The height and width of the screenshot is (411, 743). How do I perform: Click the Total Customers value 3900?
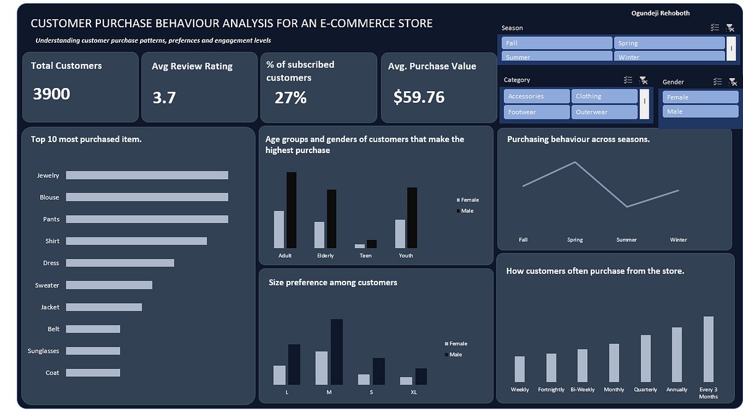tap(51, 94)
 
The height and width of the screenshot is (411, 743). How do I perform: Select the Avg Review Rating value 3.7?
tap(164, 98)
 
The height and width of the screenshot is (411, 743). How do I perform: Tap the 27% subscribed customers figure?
tap(290, 98)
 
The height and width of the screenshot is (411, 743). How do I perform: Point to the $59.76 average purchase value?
tap(419, 97)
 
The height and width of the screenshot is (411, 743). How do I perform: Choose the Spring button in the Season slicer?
tap(669, 43)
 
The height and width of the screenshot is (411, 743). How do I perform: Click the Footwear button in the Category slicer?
tap(536, 112)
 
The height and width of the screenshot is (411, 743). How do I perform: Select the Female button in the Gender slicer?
tap(700, 97)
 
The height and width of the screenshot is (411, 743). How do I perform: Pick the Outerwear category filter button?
tap(604, 112)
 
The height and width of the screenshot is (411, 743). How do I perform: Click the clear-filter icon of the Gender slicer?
tap(732, 82)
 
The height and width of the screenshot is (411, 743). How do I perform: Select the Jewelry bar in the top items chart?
tap(147, 175)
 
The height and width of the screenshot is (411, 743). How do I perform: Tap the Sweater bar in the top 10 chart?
tap(109, 285)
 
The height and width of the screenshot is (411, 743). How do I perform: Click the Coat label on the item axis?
tap(52, 373)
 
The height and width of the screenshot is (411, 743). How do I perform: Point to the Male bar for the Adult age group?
tap(291, 210)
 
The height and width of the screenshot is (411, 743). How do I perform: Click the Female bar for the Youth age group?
tap(400, 234)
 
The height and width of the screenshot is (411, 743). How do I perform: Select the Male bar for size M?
tap(336, 352)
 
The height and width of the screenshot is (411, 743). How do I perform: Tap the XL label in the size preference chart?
tap(414, 392)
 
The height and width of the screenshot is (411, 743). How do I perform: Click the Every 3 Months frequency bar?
tap(708, 349)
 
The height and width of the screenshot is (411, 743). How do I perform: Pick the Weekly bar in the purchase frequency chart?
tap(519, 369)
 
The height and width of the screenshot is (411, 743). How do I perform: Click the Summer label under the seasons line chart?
tap(626, 240)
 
